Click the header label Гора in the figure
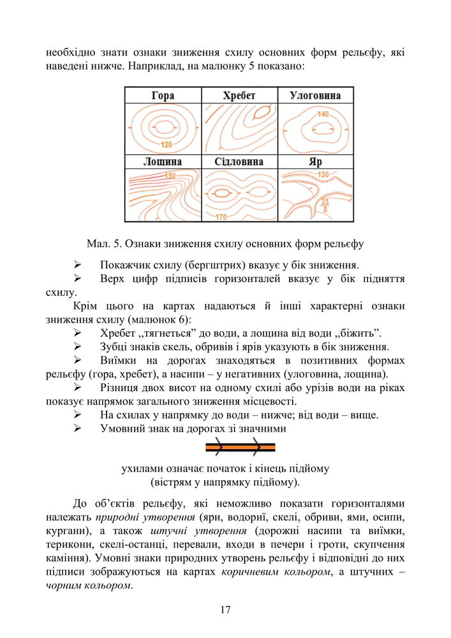point(163,96)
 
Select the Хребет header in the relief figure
point(239,96)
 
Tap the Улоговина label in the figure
point(315,96)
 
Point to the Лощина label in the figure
point(163,162)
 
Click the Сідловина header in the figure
point(239,162)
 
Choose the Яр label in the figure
point(315,162)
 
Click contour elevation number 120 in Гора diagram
point(166,144)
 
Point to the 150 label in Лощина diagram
point(170,175)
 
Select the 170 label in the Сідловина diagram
point(221,217)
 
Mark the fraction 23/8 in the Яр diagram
point(325,205)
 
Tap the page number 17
point(225,610)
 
